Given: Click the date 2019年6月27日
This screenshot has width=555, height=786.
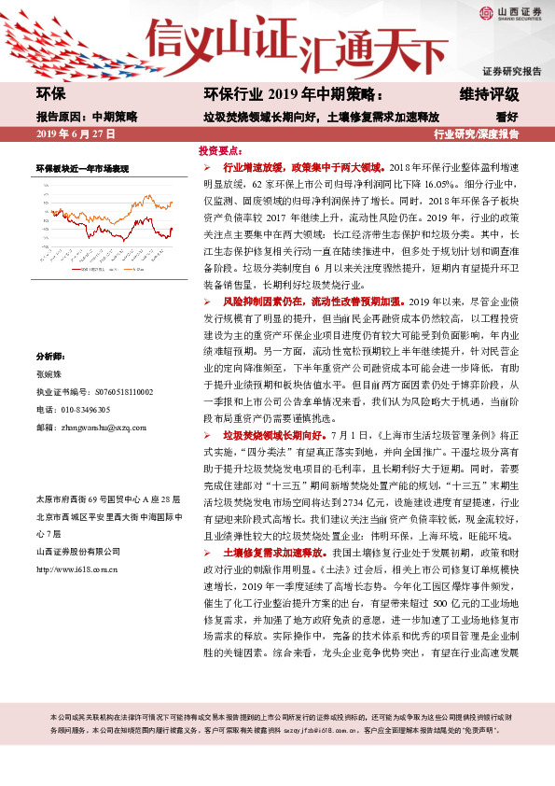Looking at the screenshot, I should [x=74, y=134].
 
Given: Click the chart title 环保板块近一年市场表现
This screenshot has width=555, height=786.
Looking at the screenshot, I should [x=82, y=169].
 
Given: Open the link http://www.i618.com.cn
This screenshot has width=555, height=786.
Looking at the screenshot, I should [x=76, y=567].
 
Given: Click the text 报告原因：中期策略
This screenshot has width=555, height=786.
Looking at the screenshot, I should [x=87, y=117].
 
